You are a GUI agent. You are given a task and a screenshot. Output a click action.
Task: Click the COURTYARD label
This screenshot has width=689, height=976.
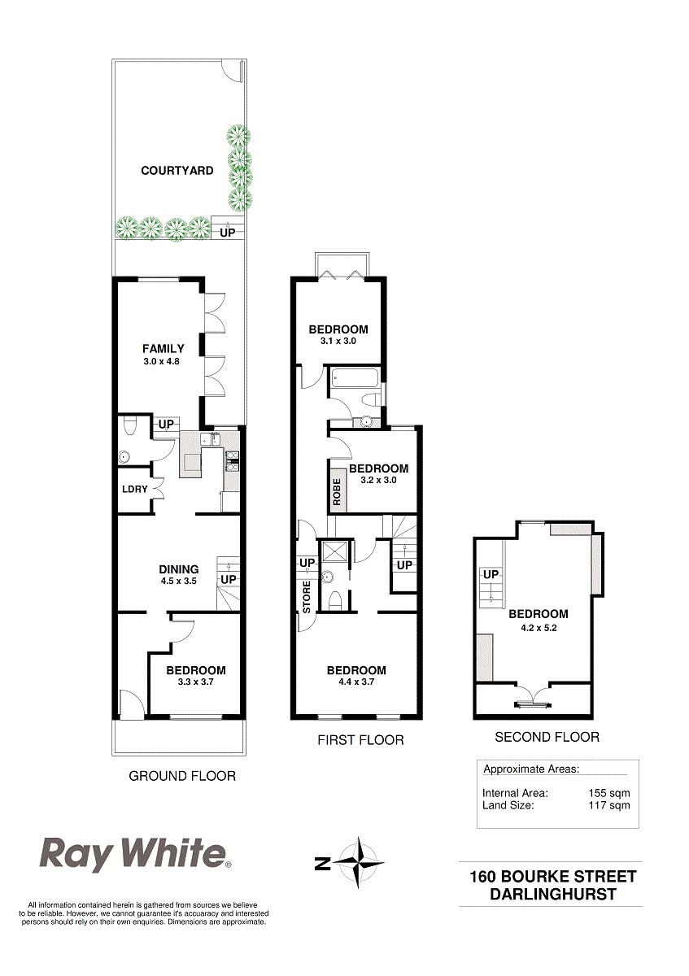pos(177,170)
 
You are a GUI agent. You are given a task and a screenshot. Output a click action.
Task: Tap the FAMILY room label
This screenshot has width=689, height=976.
pos(163,349)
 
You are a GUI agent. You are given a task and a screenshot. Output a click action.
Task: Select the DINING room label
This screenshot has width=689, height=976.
pos(179,569)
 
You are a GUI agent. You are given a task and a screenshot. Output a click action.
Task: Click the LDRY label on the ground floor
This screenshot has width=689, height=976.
pos(135,490)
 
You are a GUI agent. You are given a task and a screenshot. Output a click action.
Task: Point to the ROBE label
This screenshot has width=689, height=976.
pos(337,492)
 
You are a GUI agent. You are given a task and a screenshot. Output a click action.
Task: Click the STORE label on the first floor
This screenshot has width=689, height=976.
pos(307,597)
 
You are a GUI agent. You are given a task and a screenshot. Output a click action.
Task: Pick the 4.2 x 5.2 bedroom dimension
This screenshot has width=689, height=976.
pos(539,628)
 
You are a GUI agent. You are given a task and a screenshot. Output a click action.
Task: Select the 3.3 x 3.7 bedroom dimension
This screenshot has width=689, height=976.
pos(196,682)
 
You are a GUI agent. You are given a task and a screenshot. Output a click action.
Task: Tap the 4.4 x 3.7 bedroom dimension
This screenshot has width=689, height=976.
pos(356,682)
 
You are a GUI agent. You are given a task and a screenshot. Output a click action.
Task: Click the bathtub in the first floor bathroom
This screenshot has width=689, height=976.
pos(355,377)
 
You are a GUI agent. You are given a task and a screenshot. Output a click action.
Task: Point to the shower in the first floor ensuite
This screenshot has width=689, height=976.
pos(334,553)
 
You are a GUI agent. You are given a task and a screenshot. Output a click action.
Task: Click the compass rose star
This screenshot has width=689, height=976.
pos(359,862)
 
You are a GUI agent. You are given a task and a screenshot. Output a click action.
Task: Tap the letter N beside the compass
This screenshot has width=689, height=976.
pos(322,864)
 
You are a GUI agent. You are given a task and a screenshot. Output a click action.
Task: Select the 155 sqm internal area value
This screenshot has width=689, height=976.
pos(608,793)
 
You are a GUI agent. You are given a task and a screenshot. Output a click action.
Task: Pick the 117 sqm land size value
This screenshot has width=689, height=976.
pos(608,804)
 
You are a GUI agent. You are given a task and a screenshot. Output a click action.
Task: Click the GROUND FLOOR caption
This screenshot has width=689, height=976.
pos(182,776)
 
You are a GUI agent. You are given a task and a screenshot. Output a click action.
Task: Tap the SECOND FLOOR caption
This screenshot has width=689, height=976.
pos(547,737)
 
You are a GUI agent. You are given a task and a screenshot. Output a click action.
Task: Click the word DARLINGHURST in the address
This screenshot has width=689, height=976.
pos(553,894)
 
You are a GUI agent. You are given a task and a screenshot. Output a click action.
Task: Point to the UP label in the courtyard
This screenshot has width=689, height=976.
pos(227,233)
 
